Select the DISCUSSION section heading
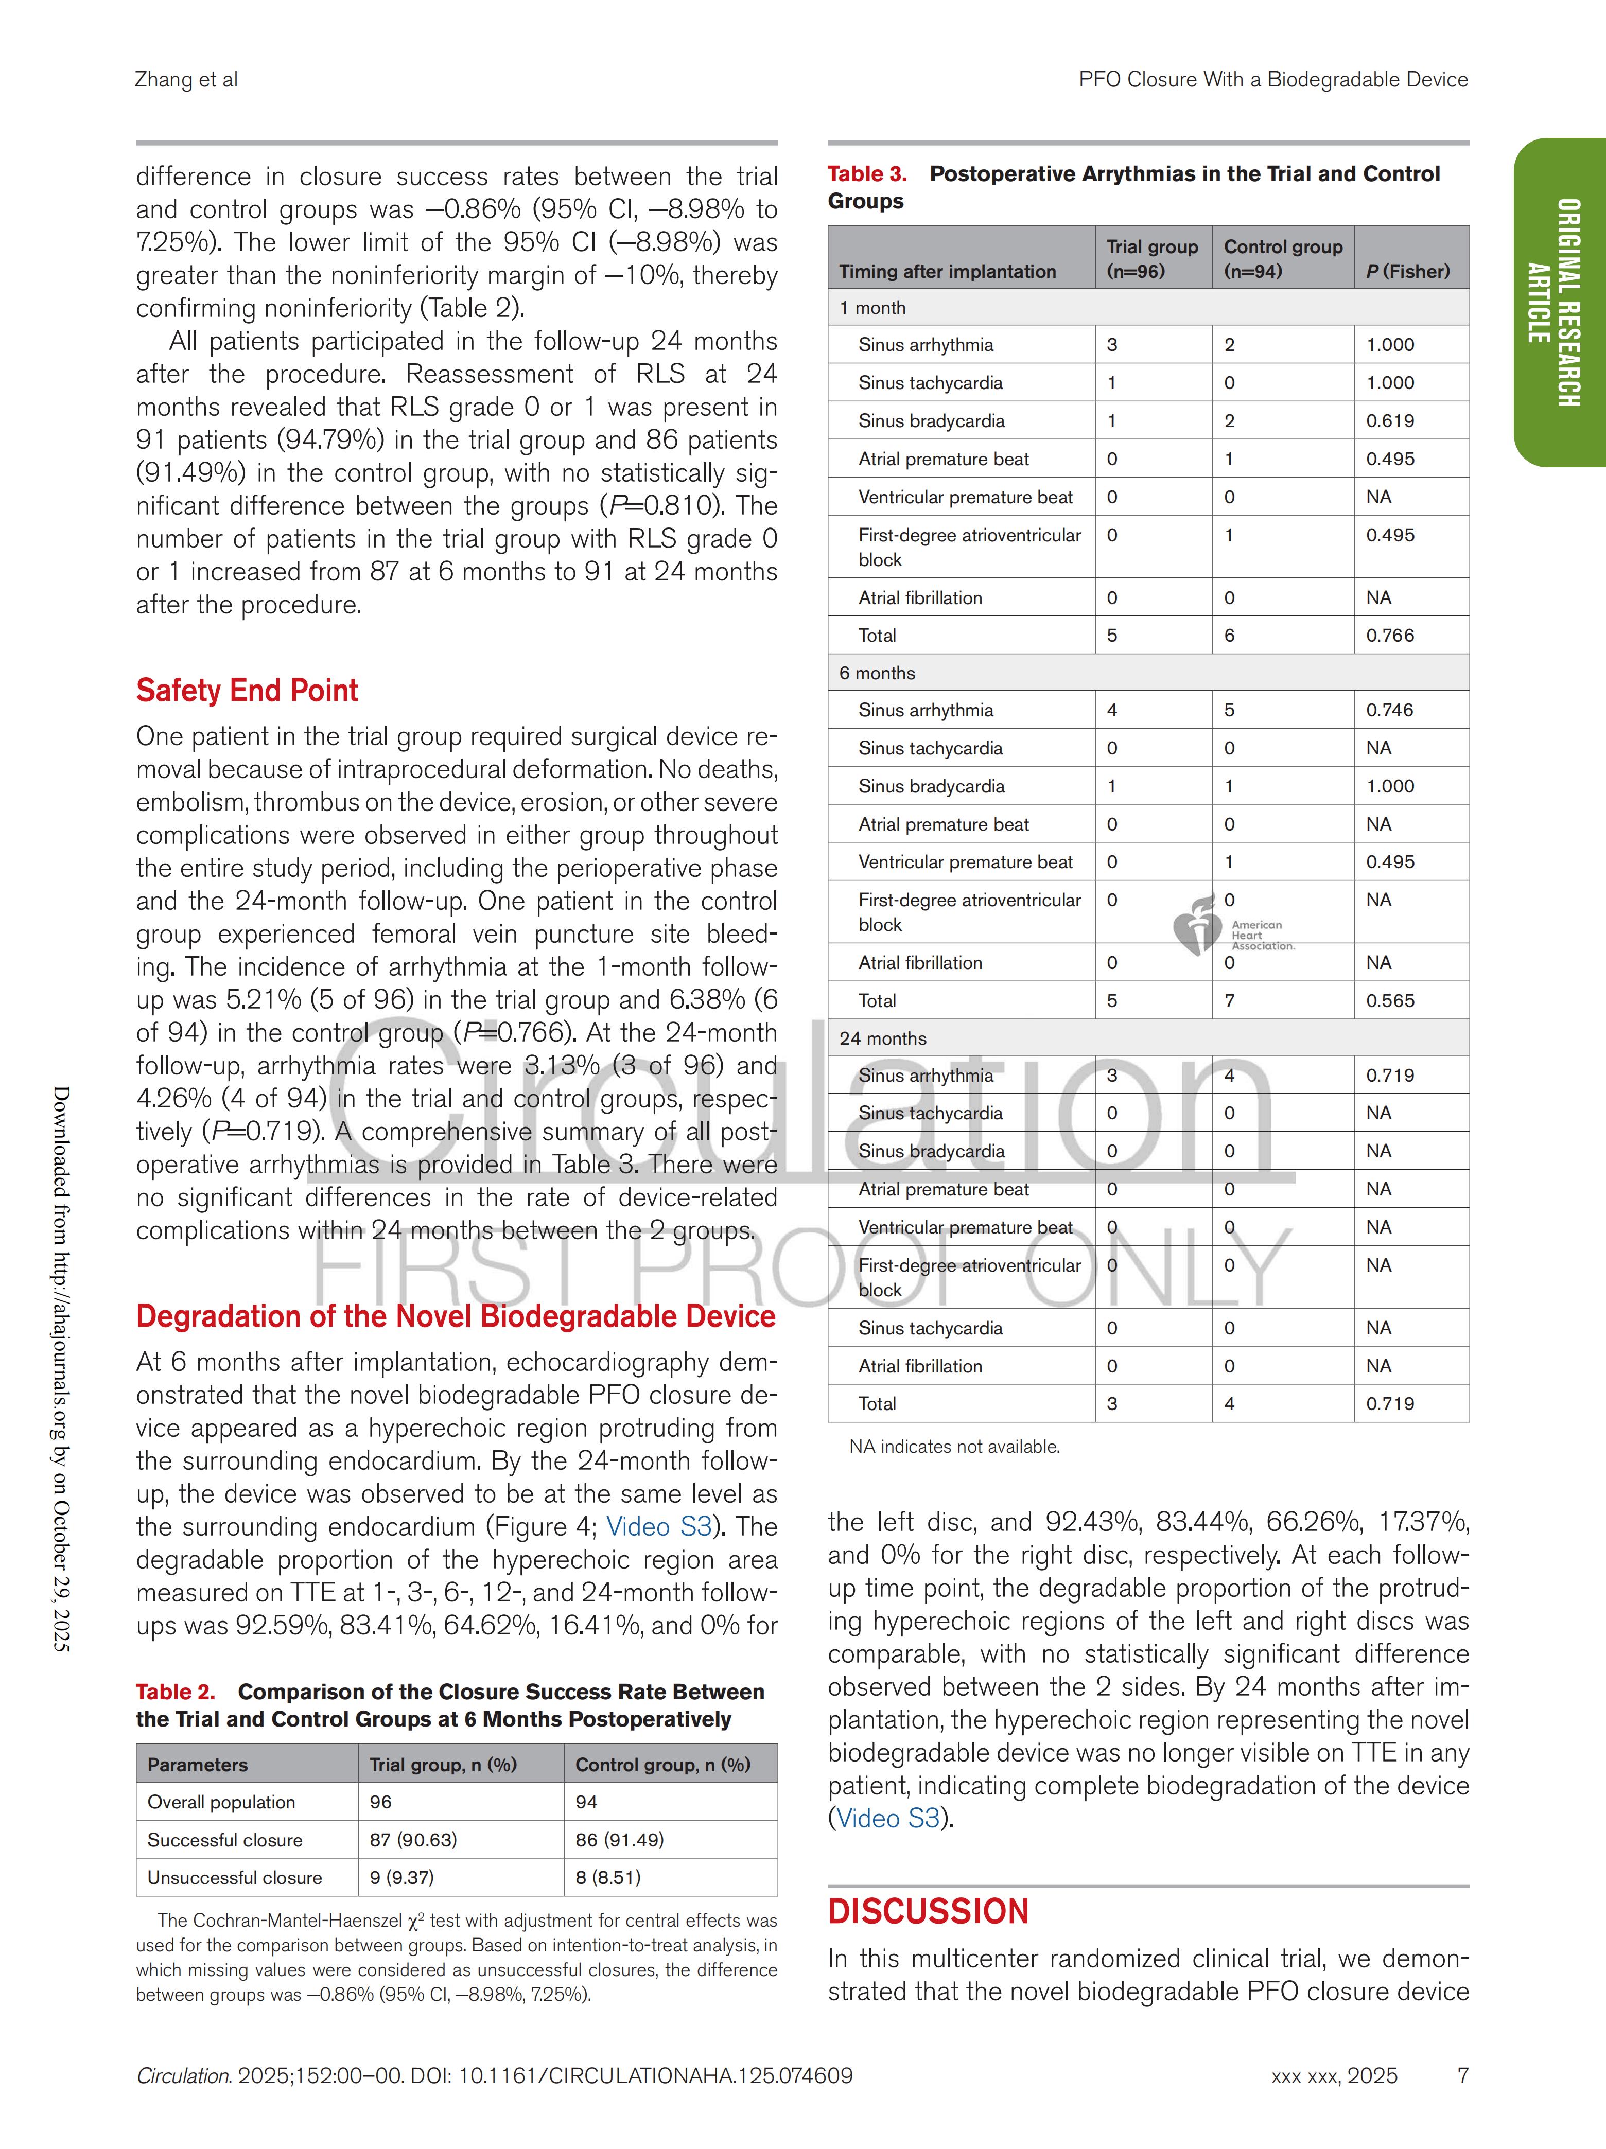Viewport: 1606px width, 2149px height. [x=928, y=1911]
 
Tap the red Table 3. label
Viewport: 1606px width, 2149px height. [x=867, y=174]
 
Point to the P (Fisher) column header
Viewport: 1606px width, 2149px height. [x=1408, y=271]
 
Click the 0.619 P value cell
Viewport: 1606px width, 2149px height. [x=1390, y=420]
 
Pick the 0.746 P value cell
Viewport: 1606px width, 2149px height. [x=1390, y=710]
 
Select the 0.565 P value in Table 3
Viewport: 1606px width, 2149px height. [x=1390, y=1001]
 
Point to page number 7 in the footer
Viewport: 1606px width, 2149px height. [x=1462, y=2076]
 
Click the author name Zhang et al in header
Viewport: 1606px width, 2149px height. [x=186, y=80]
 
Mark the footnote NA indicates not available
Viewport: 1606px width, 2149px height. [x=954, y=1447]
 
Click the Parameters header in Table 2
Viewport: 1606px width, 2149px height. [x=197, y=1764]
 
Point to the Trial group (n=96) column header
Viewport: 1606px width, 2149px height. [x=1153, y=258]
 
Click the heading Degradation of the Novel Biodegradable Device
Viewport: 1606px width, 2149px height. [x=456, y=1316]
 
